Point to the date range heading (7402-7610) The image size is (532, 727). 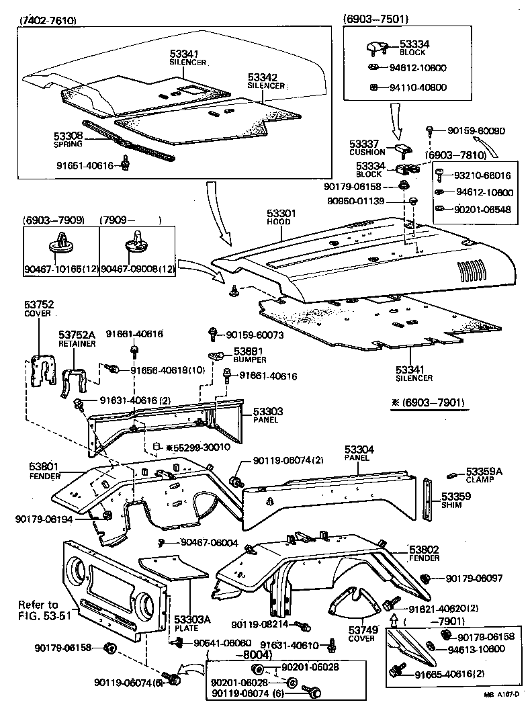click(x=48, y=20)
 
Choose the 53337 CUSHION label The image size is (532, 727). click(x=367, y=148)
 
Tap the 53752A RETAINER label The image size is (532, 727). click(x=77, y=338)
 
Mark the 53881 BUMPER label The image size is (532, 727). click(x=248, y=355)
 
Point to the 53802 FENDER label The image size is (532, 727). click(x=424, y=553)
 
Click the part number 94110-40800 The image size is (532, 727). click(x=418, y=87)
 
